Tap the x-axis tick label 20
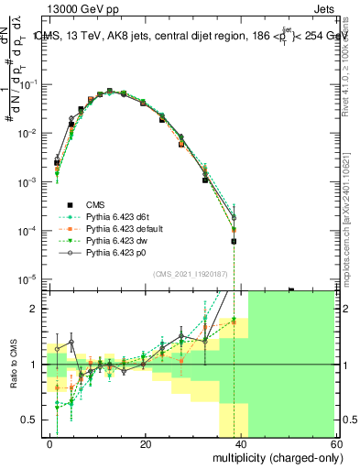pyautogui.click(x=146, y=443)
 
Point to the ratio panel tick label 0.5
pyautogui.click(x=32, y=420)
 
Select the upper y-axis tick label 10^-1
pyautogui.click(x=30, y=84)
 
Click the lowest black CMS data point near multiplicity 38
pyautogui.click(x=234, y=242)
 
